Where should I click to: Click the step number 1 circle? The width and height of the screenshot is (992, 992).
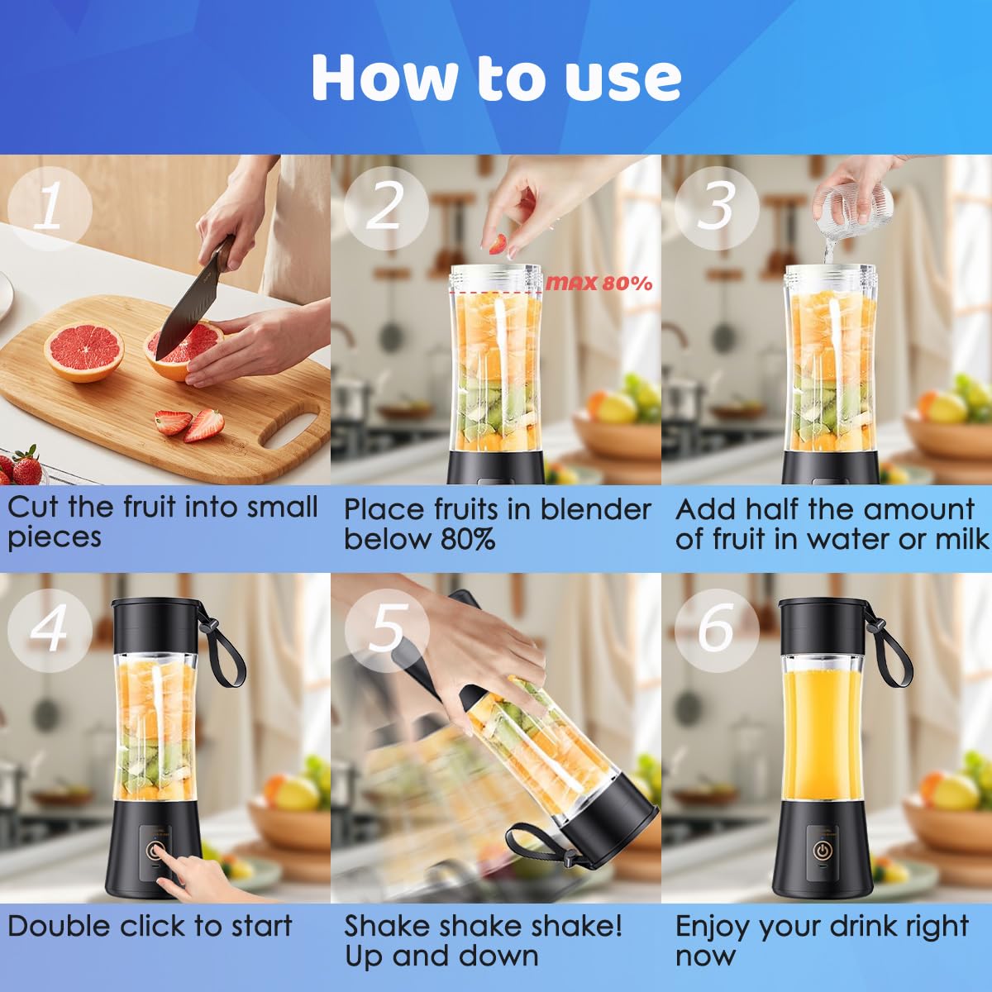(x=50, y=208)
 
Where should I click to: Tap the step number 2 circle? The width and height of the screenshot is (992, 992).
(x=386, y=207)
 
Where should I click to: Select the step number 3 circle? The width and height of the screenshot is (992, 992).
(x=717, y=207)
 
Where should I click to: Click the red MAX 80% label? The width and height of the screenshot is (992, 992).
(x=599, y=284)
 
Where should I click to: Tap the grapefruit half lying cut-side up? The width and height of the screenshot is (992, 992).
(x=83, y=352)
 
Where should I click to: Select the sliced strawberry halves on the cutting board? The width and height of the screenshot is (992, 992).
(x=190, y=424)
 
